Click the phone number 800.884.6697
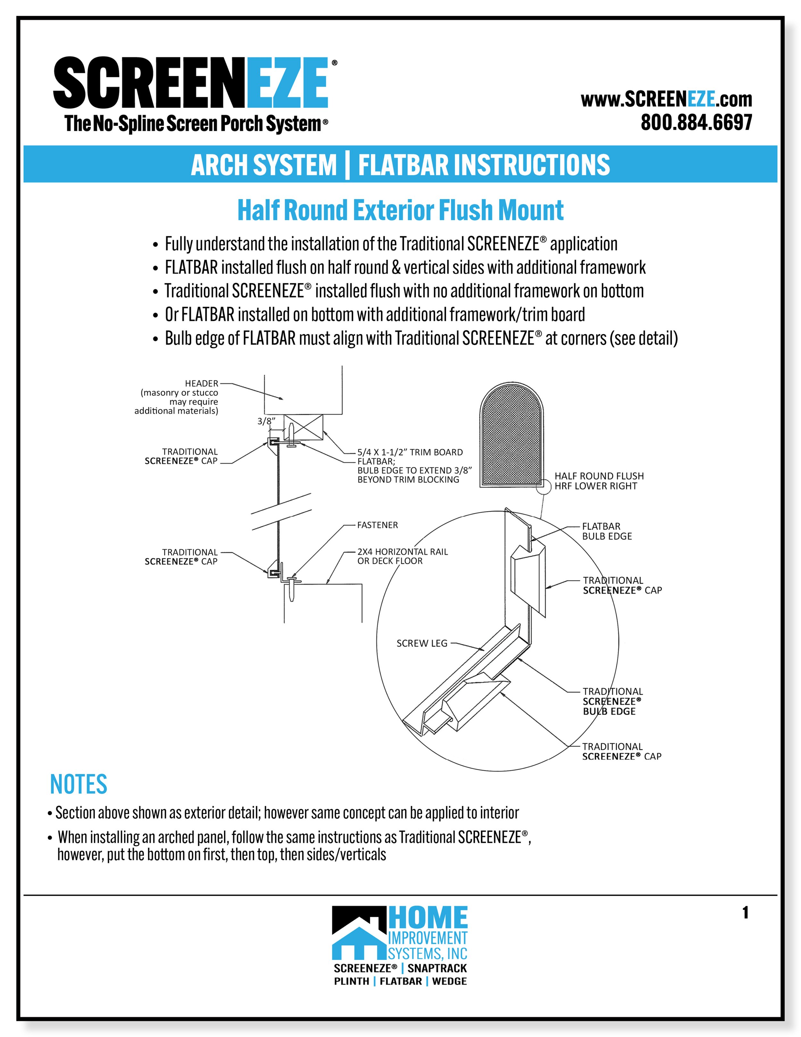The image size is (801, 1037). [696, 122]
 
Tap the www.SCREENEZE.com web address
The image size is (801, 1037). [666, 99]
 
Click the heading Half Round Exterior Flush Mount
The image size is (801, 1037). [400, 210]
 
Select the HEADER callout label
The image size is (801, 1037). [201, 383]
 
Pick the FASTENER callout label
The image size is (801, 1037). [377, 525]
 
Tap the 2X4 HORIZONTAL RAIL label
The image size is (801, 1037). [402, 552]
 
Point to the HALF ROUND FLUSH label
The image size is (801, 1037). [599, 476]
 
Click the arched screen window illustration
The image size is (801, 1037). [512, 434]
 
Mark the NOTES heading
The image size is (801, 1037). [79, 784]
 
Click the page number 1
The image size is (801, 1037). [745, 913]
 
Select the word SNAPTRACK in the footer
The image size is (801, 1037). [437, 968]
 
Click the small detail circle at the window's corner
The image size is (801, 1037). [546, 486]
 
